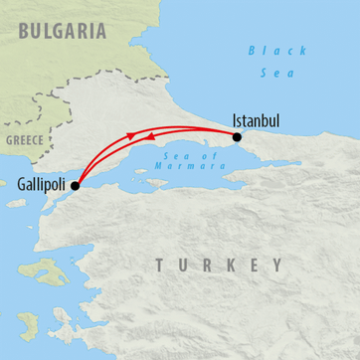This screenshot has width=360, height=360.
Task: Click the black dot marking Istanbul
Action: (236, 137)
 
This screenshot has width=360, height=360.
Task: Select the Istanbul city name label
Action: (255, 120)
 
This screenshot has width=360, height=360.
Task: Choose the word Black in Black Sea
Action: (265, 50)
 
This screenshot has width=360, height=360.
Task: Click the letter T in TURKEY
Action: (159, 266)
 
